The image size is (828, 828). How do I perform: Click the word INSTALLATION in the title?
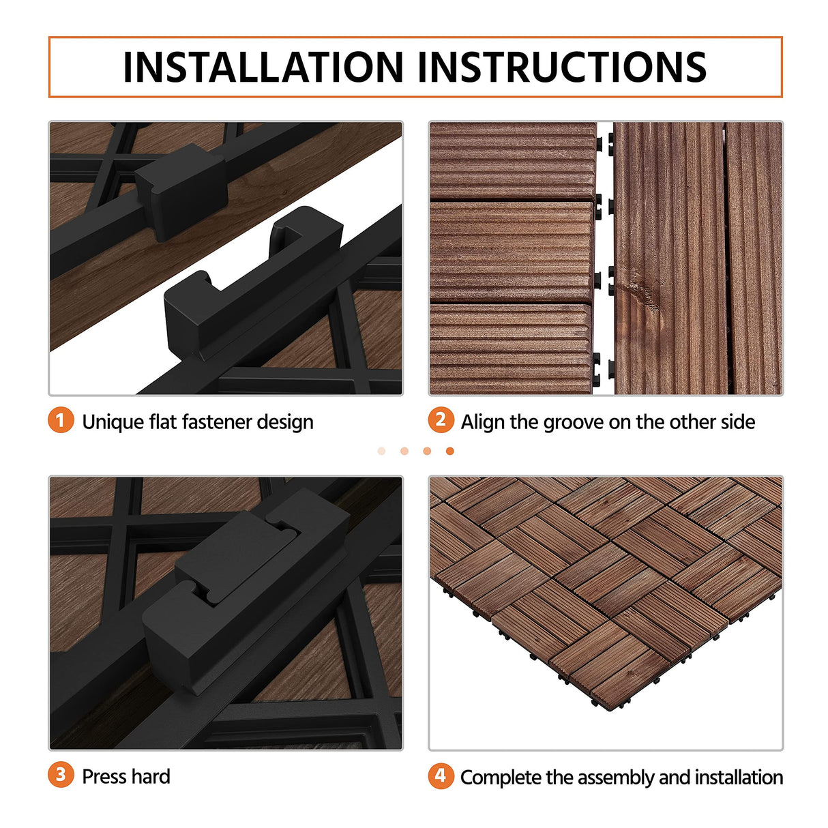(x=263, y=67)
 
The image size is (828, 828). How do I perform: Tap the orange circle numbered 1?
(x=61, y=420)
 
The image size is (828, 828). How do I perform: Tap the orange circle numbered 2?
(x=441, y=420)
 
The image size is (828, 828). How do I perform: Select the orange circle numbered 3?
(x=61, y=775)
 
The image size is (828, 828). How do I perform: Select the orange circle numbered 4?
(x=441, y=775)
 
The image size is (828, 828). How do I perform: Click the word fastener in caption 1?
(x=218, y=422)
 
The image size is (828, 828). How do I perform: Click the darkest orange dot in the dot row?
(x=449, y=451)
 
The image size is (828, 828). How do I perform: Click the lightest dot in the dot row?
(x=381, y=451)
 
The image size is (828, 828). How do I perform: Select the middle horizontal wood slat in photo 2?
(x=512, y=252)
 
